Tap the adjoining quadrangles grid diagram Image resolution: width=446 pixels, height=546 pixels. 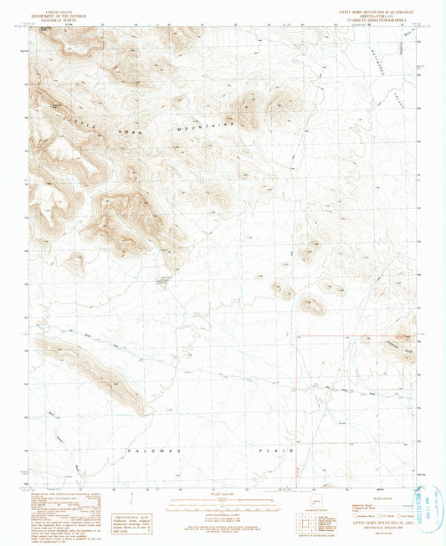tap(305, 517)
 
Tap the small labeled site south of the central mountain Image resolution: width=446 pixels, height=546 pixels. tap(165, 280)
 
